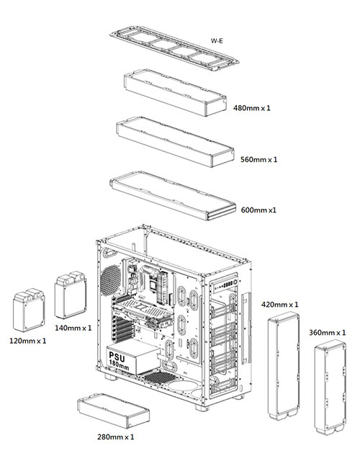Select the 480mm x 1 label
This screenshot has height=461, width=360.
(x=252, y=108)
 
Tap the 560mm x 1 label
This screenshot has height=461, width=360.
(x=260, y=158)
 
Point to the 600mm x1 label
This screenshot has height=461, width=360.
(x=259, y=210)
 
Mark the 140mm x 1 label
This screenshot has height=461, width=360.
(x=73, y=328)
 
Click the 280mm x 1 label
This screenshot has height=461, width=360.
(x=115, y=437)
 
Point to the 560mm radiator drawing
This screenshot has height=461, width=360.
(x=175, y=140)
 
